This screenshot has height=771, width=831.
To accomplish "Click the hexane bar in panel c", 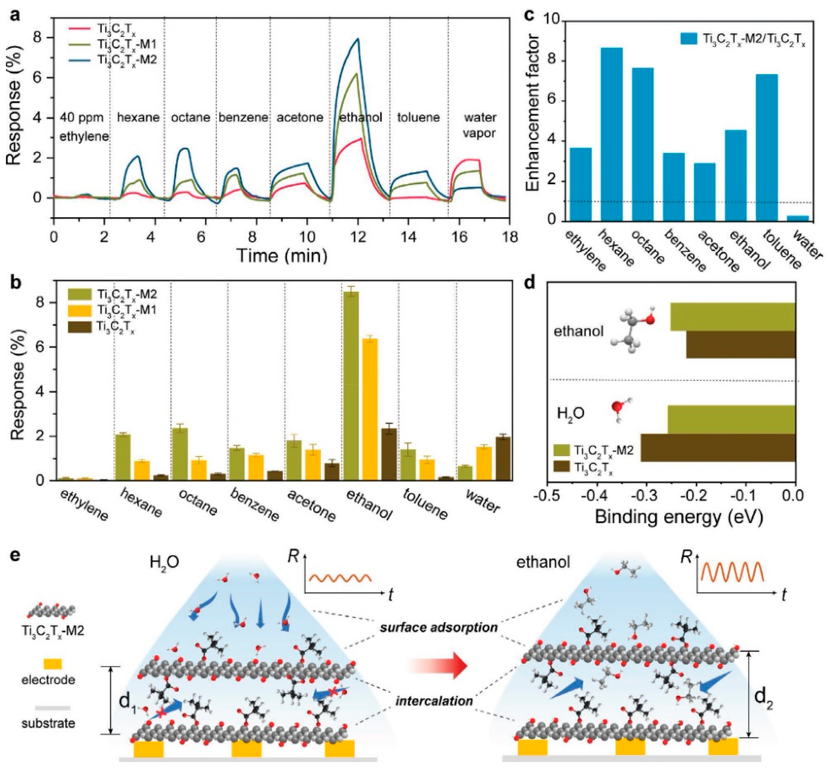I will (x=611, y=134).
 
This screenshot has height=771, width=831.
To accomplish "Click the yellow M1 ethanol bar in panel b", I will (x=370, y=409).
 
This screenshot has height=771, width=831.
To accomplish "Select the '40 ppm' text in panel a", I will (x=82, y=118).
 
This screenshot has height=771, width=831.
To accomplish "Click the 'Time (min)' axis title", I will (x=282, y=255).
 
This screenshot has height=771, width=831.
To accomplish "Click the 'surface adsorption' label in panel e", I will (x=438, y=627).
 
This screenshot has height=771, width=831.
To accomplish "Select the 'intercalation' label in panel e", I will (x=434, y=701).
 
